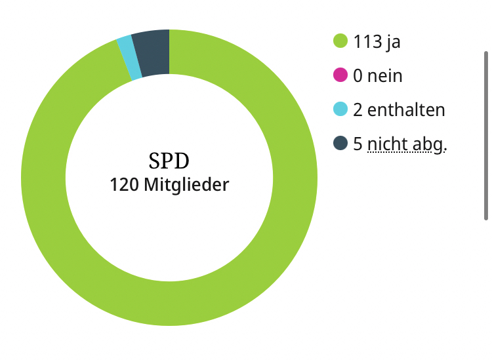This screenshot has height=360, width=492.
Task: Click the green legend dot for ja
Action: [340, 41]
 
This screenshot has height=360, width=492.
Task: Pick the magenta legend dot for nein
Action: [340, 75]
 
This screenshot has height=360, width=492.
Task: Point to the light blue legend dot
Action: [340, 110]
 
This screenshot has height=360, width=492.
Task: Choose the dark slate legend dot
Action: [340, 143]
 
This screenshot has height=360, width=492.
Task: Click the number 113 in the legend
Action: [367, 42]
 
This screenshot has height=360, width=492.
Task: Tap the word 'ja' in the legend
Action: [393, 43]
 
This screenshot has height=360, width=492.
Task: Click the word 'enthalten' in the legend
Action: [406, 110]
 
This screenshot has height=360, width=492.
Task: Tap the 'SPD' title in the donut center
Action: [169, 160]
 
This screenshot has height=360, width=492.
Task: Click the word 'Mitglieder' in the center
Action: [186, 185]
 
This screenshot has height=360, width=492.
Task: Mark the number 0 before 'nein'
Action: [358, 76]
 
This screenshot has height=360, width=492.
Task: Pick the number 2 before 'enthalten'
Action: [358, 110]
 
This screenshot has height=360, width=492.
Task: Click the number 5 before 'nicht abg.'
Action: [358, 144]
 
